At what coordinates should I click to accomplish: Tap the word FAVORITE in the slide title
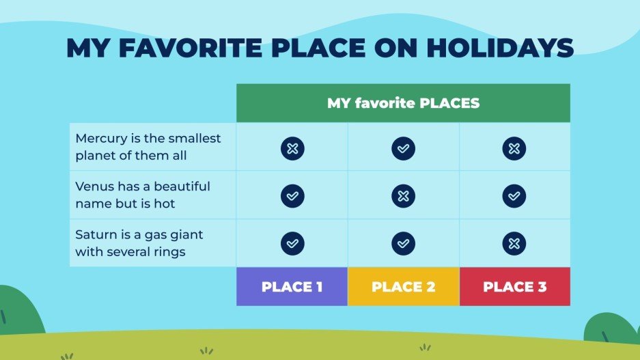pyautogui.click(x=193, y=48)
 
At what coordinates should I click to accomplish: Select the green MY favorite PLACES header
pyautogui.click(x=403, y=103)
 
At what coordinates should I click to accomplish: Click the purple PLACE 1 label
pyautogui.click(x=292, y=287)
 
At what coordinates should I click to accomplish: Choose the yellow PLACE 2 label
pyautogui.click(x=403, y=287)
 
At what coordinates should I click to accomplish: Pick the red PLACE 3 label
pyautogui.click(x=514, y=287)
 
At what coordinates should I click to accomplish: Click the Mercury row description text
pyautogui.click(x=148, y=147)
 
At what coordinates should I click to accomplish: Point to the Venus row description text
pyautogui.click(x=143, y=195)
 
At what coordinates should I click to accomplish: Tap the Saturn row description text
pyautogui.click(x=139, y=243)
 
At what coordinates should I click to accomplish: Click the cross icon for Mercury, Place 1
pyautogui.click(x=292, y=148)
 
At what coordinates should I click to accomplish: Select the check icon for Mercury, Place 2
pyautogui.click(x=403, y=148)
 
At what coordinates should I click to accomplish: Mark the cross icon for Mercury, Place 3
pyautogui.click(x=514, y=148)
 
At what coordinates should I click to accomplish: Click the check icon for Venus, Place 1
pyautogui.click(x=292, y=196)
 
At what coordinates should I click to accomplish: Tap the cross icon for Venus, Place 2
pyautogui.click(x=403, y=196)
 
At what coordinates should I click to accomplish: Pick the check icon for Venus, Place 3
pyautogui.click(x=514, y=196)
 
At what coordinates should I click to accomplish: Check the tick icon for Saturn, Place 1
pyautogui.click(x=292, y=243)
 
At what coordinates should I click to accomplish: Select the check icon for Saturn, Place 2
pyautogui.click(x=403, y=243)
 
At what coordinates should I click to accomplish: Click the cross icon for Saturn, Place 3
pyautogui.click(x=514, y=243)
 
